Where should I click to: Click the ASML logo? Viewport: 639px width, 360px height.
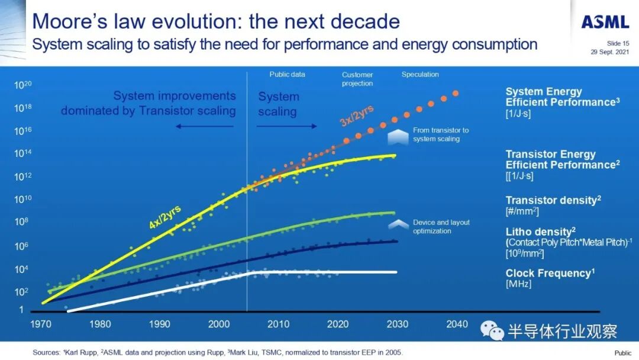605,22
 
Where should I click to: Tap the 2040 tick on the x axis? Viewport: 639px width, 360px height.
456,324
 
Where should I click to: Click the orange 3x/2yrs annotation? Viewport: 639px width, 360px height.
356,112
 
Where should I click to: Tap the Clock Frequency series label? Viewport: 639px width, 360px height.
549,274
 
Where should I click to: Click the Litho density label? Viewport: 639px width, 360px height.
540,232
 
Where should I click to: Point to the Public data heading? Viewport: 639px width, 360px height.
288,75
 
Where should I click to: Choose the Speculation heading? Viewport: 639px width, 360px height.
420,75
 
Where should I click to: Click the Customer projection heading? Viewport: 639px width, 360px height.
357,79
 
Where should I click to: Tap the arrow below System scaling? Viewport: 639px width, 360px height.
287,126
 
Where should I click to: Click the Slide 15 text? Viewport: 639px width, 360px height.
618,43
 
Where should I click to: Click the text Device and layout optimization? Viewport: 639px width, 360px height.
441,226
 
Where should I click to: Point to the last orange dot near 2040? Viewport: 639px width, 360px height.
456,93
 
